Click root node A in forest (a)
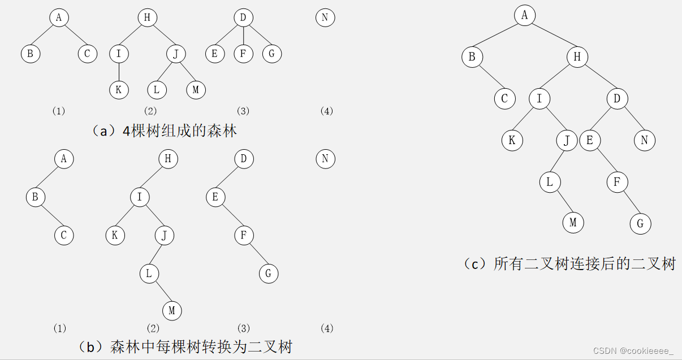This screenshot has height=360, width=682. coord(59,18)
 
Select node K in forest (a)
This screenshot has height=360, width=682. coord(119,90)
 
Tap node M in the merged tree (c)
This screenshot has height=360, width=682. coord(573,222)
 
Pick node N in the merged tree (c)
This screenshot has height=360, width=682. coord(644,140)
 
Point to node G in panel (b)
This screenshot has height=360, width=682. coord(269,274)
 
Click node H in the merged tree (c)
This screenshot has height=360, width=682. coord(577,57)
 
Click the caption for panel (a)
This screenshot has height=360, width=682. coord(164,131)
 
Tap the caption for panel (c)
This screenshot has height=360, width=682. coord(570,263)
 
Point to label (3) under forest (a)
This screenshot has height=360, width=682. coord(243,111)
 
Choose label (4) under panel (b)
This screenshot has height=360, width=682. coord(327,328)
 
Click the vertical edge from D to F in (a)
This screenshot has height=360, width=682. coord(243,35)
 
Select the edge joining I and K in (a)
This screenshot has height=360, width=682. coord(119,72)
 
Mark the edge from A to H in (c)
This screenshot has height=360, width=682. coord(551,36)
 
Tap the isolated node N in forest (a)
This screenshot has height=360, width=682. coord(325,18)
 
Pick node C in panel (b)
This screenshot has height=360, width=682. coord(64,236)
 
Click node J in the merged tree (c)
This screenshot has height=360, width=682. coord(566,140)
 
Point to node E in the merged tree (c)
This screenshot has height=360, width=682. coord(589,140)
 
